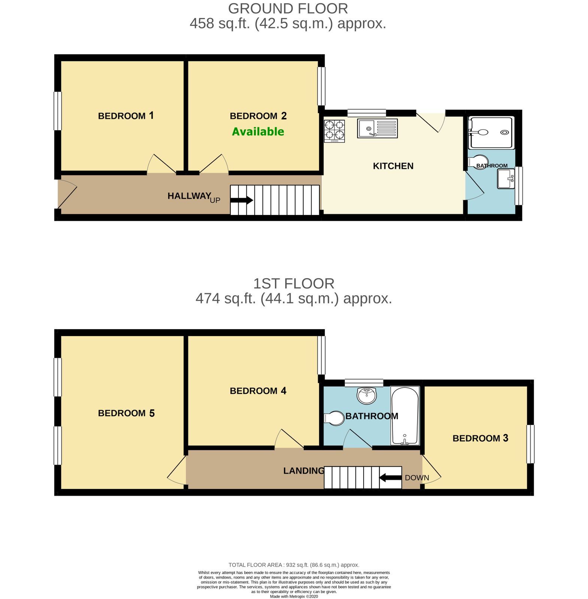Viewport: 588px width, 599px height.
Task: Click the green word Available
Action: click(258, 131)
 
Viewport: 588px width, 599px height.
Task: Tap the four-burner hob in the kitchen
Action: click(334, 131)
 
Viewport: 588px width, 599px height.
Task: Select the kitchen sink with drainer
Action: click(377, 128)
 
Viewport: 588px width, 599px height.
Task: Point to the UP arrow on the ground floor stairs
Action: click(242, 200)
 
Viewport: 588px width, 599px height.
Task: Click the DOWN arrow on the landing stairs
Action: click(390, 478)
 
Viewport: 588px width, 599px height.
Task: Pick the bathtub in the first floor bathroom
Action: click(404, 416)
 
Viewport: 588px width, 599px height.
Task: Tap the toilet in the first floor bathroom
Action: click(334, 418)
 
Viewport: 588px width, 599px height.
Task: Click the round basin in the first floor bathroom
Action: click(367, 396)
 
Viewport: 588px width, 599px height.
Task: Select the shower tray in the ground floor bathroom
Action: click(491, 133)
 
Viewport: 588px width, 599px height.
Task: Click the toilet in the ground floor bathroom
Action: click(478, 162)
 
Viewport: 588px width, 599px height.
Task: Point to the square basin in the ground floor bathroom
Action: click(506, 179)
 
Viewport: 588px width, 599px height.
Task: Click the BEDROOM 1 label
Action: click(126, 116)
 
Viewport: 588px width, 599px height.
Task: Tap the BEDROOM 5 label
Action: click(126, 413)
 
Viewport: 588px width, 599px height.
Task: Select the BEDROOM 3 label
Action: click(481, 438)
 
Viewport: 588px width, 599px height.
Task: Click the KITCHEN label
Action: click(393, 166)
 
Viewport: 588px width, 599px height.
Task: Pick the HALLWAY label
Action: click(189, 196)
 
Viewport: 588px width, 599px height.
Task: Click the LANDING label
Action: click(304, 471)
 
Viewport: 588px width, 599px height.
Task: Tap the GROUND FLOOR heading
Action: click(288, 8)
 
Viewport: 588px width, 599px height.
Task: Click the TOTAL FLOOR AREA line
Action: click(294, 565)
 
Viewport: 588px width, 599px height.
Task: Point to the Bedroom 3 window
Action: click(530, 444)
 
